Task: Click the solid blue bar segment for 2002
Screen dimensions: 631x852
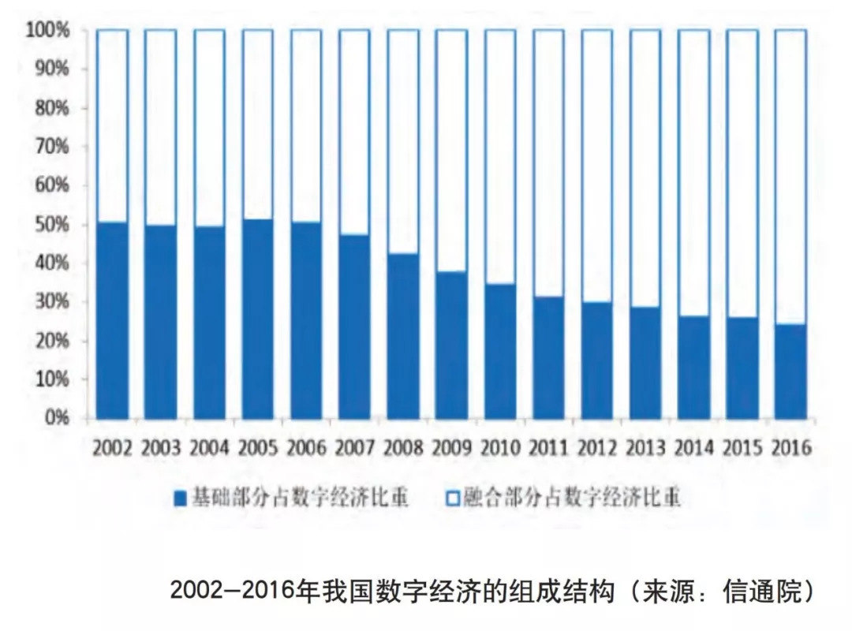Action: pyautogui.click(x=112, y=320)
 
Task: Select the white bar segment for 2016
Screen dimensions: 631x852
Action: pyautogui.click(x=790, y=177)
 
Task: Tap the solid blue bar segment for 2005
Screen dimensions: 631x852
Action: pyautogui.click(x=258, y=319)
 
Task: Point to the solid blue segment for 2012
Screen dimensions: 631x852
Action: pyautogui.click(x=597, y=360)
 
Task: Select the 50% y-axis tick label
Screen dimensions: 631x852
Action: pyautogui.click(x=53, y=224)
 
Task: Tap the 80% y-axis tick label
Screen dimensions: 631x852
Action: pyautogui.click(x=53, y=107)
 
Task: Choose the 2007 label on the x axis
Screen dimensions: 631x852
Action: pyautogui.click(x=355, y=449)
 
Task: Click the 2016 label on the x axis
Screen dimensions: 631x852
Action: pyautogui.click(x=791, y=449)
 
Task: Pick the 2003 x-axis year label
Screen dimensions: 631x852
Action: pyautogui.click(x=161, y=449)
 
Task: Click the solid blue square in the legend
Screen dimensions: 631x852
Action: pyautogui.click(x=180, y=499)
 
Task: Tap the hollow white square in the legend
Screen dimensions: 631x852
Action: pyautogui.click(x=453, y=499)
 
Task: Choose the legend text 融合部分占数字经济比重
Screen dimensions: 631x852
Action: pyautogui.click(x=572, y=499)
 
